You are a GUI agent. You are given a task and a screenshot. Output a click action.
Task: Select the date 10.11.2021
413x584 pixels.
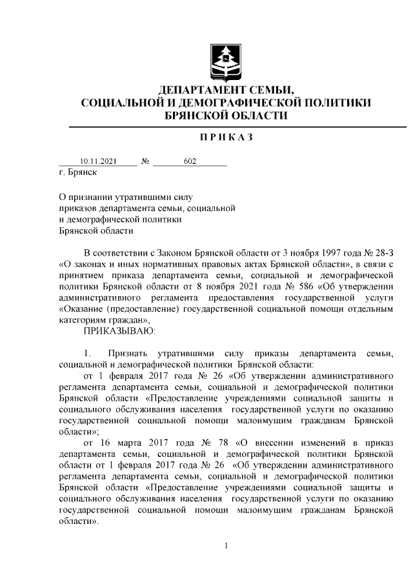[98, 161]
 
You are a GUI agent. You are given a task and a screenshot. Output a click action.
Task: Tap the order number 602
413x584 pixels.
[190, 161]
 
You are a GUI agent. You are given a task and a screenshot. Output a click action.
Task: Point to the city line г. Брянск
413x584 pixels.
[77, 173]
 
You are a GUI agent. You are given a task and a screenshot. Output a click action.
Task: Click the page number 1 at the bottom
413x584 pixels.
[226, 547]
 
